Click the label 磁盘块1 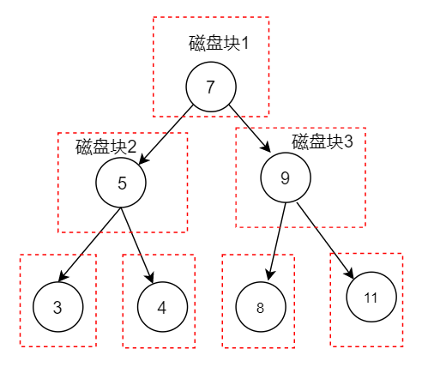click(x=219, y=44)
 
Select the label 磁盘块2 click(x=105, y=147)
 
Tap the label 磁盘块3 click(x=323, y=141)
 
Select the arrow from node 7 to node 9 click(x=250, y=129)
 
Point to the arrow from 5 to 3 click(x=89, y=244)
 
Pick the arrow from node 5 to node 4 click(x=137, y=245)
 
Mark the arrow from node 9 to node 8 click(x=277, y=242)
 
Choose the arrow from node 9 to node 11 click(x=325, y=240)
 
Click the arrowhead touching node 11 click(x=350, y=274)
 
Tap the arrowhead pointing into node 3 click(x=63, y=277)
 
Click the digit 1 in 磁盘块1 click(x=244, y=44)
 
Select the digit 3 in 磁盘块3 click(x=348, y=141)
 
